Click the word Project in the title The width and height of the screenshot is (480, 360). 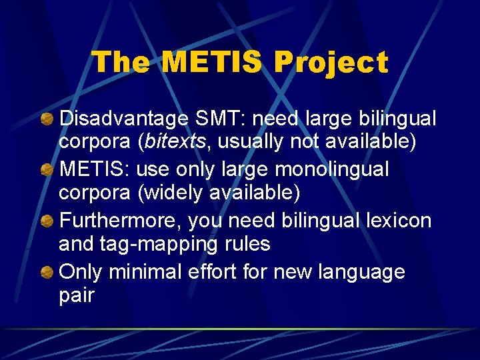point(331,63)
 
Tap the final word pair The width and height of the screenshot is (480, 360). point(77,296)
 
